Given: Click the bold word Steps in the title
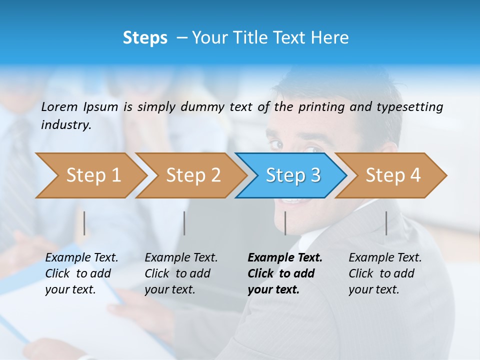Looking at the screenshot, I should (145, 37).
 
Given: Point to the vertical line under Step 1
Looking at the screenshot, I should (84, 223).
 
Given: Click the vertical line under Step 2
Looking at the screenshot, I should (184, 223).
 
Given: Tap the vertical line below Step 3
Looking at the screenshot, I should (285, 223).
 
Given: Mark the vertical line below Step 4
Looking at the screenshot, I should (386, 223).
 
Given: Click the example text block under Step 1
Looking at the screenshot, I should (81, 273).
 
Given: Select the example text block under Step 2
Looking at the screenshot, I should (181, 273).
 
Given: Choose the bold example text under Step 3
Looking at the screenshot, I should (284, 273).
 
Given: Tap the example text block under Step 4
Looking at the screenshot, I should (385, 273).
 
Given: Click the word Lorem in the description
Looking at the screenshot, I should (59, 106).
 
